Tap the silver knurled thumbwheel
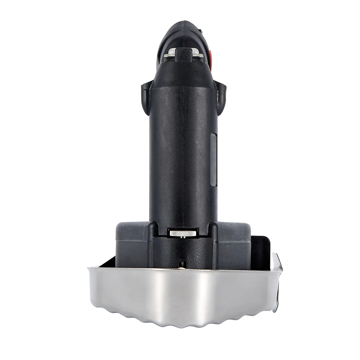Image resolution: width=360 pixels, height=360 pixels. point(183,234)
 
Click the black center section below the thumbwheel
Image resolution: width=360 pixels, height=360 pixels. point(183,252)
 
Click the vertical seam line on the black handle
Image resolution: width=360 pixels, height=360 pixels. point(183,151)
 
